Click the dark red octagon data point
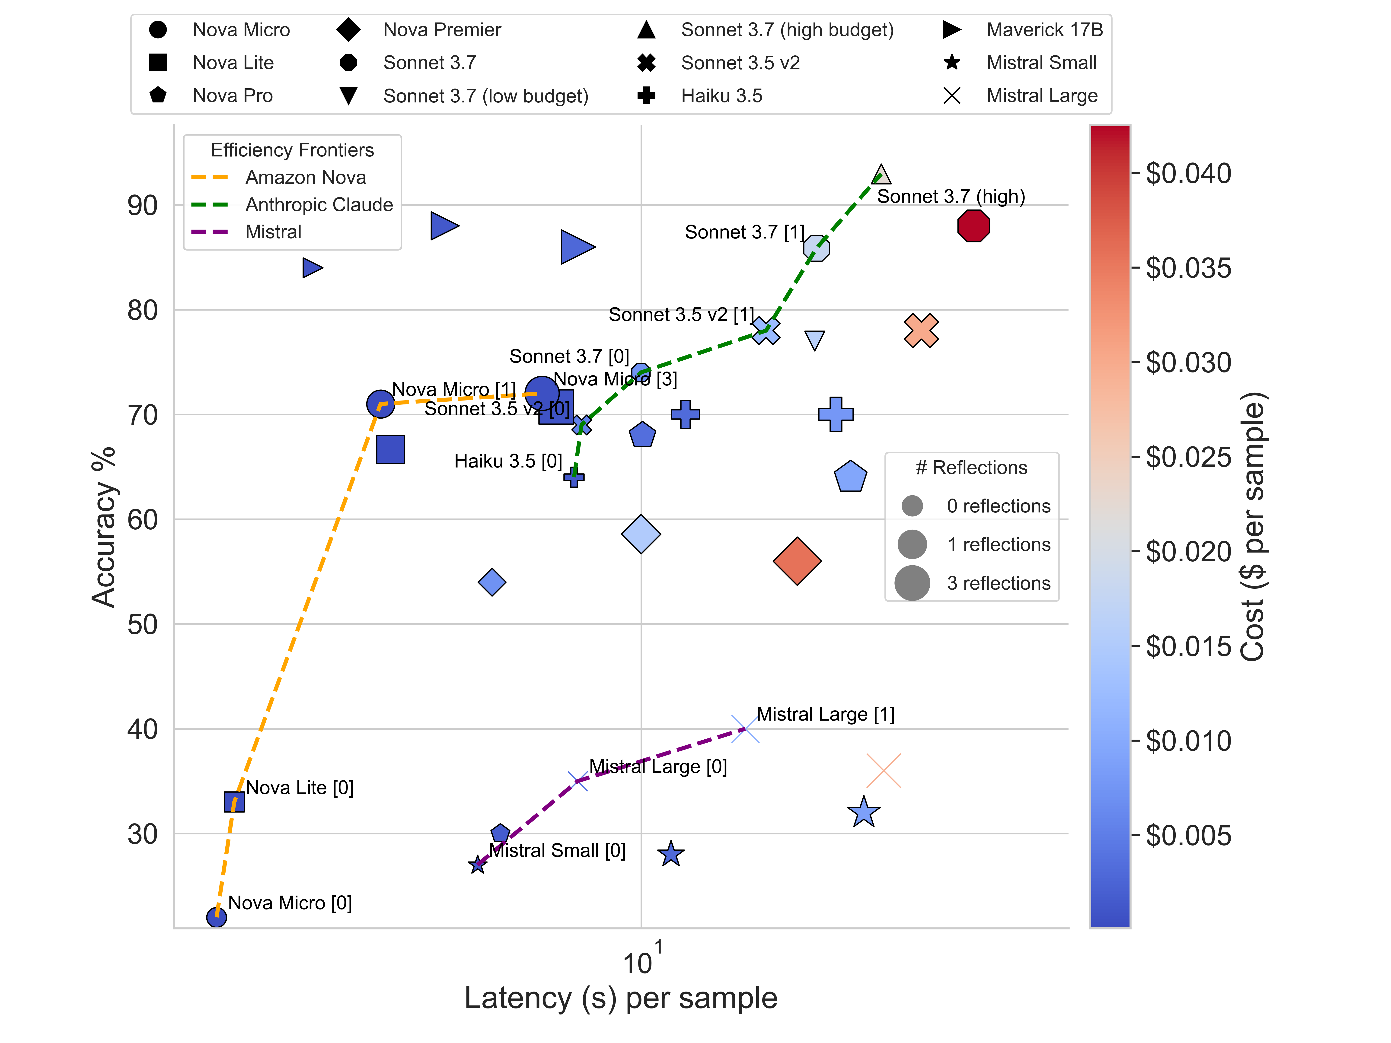(973, 226)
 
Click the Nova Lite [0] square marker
(234, 801)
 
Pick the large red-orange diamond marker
(797, 561)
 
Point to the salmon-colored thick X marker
(921, 331)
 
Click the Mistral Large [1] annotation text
(825, 714)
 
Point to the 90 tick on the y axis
(143, 206)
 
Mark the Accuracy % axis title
(104, 527)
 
